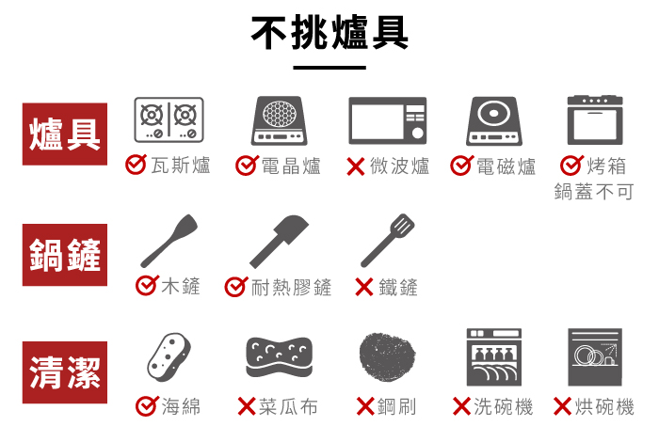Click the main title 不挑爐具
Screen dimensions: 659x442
[329, 32]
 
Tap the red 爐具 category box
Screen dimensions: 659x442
[65, 134]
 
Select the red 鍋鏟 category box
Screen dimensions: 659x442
[65, 255]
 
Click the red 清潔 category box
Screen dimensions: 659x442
[65, 372]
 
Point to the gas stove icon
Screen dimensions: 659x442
[169, 119]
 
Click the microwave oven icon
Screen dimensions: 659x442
[388, 120]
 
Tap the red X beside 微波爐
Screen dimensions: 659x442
[356, 166]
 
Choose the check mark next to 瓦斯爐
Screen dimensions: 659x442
[136, 165]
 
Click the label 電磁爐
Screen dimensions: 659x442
[506, 166]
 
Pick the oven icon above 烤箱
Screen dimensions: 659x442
[595, 120]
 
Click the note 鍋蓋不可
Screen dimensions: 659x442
[593, 192]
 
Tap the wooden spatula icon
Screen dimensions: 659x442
[169, 241]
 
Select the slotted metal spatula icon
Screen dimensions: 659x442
[388, 241]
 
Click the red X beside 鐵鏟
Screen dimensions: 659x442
[364, 287]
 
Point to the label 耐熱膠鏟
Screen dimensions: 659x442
[291, 288]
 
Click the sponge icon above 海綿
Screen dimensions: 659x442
[169, 357]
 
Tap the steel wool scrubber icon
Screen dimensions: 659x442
[388, 357]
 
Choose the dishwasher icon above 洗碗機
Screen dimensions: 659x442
[494, 356]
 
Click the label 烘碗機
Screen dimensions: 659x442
[604, 407]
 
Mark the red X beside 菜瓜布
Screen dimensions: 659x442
[247, 406]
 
